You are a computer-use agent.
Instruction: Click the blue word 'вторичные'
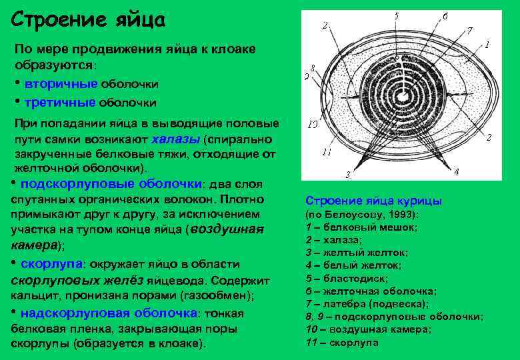coord(61,85)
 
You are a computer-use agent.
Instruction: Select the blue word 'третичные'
coord(60,103)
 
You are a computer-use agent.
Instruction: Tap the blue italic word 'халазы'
coord(176,139)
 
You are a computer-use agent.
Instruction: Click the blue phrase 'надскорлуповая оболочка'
coord(109,313)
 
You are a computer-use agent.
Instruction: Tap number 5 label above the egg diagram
coord(397,15)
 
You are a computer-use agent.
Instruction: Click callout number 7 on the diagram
coord(469,30)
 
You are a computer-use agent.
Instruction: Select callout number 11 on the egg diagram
coord(326,152)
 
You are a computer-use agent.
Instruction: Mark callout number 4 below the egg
coord(456,171)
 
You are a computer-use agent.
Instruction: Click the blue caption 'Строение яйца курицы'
coord(373,201)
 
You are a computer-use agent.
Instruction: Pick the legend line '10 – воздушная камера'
coord(368,329)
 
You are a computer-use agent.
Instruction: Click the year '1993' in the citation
coord(397,215)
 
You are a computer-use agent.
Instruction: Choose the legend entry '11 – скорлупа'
coord(341,343)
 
